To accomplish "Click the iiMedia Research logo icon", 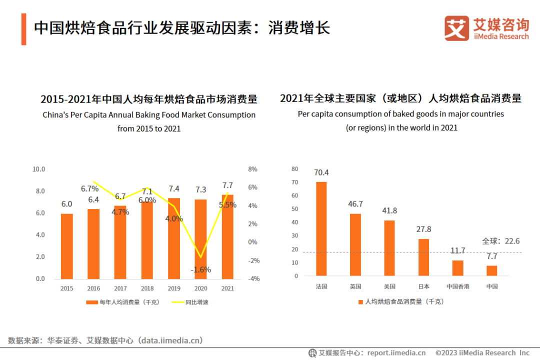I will click(456, 28).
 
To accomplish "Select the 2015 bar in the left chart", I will click(66, 246).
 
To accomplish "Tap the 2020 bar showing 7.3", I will click(200, 239).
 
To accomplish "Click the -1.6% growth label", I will click(200, 269).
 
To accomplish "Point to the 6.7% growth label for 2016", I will click(90, 188).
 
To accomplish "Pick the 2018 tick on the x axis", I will click(147, 288).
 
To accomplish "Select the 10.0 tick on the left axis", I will click(38, 169).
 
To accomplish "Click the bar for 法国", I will click(321, 228).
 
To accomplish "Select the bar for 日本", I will click(423, 257).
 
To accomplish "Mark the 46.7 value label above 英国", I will click(355, 204).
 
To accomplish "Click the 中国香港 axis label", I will click(457, 286).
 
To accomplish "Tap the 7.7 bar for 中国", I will click(491, 270).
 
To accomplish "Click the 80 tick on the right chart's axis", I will click(294, 169).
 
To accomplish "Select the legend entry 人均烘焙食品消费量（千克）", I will click(401, 301).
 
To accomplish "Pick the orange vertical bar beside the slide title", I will click(23, 29).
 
